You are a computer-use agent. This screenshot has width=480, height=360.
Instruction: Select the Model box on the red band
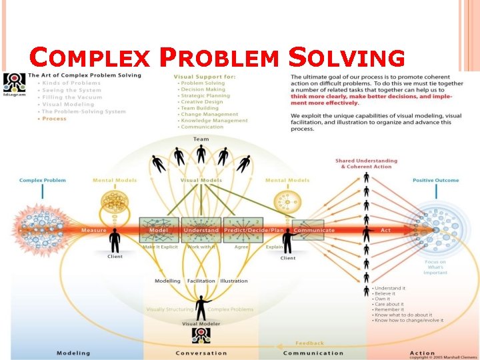click(x=159, y=229)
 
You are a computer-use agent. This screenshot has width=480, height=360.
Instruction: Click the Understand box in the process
click(x=201, y=229)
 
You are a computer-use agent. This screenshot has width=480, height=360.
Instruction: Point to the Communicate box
click(x=308, y=230)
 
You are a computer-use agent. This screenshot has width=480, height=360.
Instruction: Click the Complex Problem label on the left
click(x=43, y=180)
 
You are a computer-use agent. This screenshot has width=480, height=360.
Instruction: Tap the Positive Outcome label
click(x=436, y=180)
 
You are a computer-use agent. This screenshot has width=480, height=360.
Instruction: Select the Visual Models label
click(x=201, y=180)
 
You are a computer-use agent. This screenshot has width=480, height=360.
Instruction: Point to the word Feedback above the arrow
click(x=309, y=343)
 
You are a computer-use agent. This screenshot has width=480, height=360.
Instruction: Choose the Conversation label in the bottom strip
click(x=201, y=353)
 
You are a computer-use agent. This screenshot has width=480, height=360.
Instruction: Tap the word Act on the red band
click(x=385, y=230)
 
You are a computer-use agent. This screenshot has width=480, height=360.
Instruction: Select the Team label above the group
click(x=201, y=139)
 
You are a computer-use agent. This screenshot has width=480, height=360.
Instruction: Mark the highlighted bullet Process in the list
click(x=54, y=119)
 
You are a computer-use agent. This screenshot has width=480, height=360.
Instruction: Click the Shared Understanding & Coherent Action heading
click(x=366, y=163)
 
